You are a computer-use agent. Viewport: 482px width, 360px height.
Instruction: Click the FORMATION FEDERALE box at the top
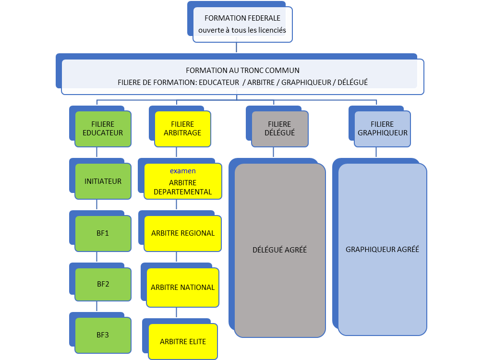coord(242,24)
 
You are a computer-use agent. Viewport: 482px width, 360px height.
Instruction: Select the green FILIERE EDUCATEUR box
coord(103,129)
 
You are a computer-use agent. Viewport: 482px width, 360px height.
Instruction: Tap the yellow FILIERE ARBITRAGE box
coord(182,129)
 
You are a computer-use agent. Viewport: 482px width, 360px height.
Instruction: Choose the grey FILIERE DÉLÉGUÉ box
coord(280,129)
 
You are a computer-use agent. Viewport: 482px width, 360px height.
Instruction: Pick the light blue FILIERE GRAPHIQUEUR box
coord(383,129)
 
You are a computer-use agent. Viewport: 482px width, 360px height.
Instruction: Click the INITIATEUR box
coord(103,181)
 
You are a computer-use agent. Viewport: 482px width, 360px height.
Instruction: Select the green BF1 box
coord(103,233)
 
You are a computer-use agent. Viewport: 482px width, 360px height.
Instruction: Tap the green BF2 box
coord(103,284)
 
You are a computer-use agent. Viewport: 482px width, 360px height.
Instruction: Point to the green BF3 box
coord(103,335)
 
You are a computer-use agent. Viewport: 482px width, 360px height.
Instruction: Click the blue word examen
coord(182,171)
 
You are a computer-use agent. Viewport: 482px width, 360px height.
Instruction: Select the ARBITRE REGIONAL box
coord(183,233)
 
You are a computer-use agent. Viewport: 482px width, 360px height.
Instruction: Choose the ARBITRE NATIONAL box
coord(183,288)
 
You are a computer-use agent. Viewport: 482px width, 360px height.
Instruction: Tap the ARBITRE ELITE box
coord(183,342)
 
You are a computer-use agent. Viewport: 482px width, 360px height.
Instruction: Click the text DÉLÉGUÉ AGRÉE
coord(279,250)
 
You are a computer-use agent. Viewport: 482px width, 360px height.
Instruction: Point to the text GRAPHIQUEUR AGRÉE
coord(383,250)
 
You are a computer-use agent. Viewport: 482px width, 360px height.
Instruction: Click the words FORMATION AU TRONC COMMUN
coord(242,70)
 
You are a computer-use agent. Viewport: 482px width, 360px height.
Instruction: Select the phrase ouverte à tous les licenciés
coord(242,30)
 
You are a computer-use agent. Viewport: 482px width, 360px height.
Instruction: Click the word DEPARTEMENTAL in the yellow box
coord(183,192)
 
